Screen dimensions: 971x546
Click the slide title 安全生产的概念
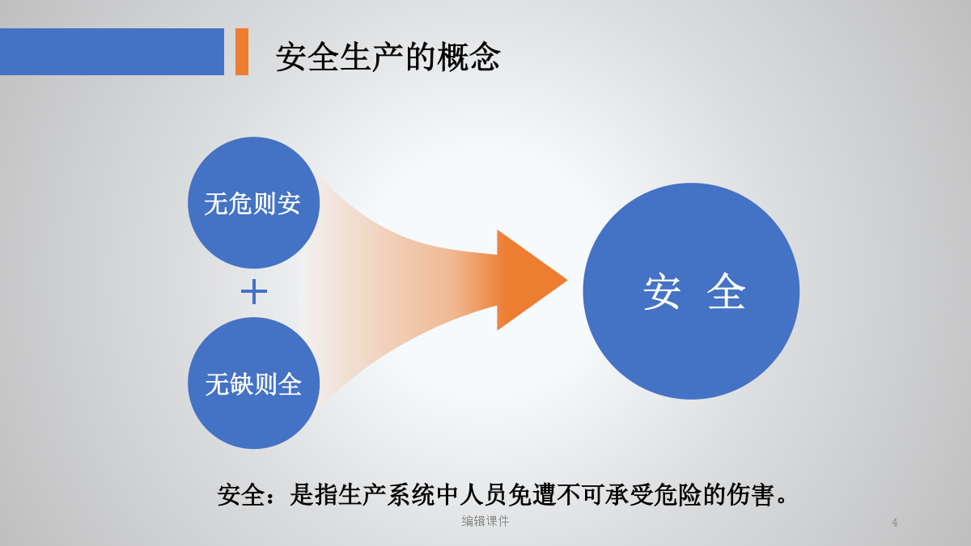388,57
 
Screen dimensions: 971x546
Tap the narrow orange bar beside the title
242,52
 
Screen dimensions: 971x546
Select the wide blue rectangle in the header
112,52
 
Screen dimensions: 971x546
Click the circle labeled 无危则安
253,203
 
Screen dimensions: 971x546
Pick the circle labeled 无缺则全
253,383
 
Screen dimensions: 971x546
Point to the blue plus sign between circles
253,292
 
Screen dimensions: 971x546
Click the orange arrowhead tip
567,280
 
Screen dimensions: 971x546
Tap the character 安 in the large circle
662,291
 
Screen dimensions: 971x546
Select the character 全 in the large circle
726,291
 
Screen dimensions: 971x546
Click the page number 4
894,523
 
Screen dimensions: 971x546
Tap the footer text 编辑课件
485,521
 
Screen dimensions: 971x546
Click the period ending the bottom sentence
782,501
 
